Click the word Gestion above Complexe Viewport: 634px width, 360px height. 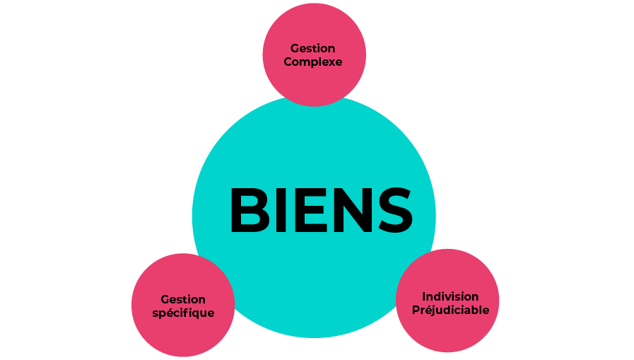[x=312, y=49]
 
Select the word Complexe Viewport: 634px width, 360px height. [x=312, y=62]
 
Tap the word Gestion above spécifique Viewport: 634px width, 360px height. [x=183, y=299]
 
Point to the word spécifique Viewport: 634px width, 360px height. [x=183, y=313]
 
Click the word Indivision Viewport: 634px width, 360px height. [x=450, y=296]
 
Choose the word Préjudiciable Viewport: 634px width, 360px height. [x=450, y=310]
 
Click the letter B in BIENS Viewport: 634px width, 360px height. [x=250, y=210]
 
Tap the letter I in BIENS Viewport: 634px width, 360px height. [x=281, y=210]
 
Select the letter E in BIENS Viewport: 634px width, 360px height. [x=310, y=210]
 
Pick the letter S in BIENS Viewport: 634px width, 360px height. [x=395, y=210]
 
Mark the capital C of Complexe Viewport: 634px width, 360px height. [x=288, y=62]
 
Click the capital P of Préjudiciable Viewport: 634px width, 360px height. [x=416, y=310]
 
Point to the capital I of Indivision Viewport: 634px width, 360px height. [x=424, y=296]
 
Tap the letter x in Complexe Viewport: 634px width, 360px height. [x=330, y=63]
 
